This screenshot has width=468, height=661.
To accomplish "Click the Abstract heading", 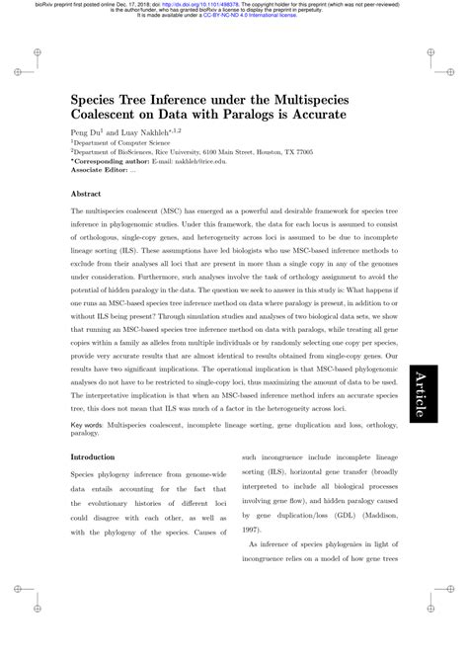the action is tap(88, 195).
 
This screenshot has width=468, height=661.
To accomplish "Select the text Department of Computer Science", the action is tap(122, 143).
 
